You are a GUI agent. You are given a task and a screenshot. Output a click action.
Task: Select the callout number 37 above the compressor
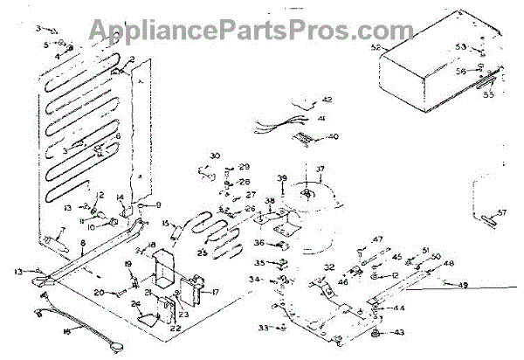(x=320, y=169)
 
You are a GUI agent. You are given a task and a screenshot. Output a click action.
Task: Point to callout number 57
(x=502, y=212)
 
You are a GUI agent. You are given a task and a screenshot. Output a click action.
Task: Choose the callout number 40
(x=333, y=136)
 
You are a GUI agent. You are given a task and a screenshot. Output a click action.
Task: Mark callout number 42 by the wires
(x=327, y=99)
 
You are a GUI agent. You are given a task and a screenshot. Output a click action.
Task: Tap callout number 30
(x=214, y=156)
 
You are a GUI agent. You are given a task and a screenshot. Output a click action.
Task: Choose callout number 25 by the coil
(x=203, y=253)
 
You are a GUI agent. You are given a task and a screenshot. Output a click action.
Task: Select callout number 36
(x=259, y=243)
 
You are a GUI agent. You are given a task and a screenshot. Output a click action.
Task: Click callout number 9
(x=160, y=204)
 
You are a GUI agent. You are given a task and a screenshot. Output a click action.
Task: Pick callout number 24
(x=135, y=304)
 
